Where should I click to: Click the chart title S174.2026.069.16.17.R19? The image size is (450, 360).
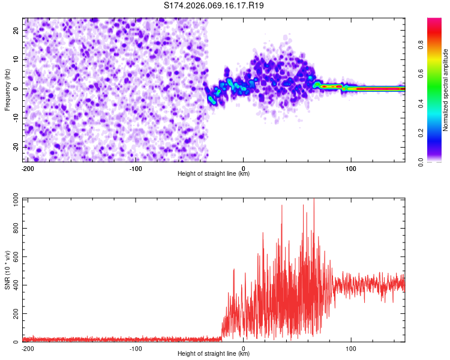click(214, 6)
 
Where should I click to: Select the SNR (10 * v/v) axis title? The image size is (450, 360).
click(7, 271)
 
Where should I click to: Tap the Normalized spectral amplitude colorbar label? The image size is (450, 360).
click(446, 90)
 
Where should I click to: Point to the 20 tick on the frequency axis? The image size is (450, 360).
click(17, 31)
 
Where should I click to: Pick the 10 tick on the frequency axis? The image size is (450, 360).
click(17, 59)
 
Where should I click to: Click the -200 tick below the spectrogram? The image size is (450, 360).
click(28, 168)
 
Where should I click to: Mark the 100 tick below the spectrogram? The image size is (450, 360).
click(351, 168)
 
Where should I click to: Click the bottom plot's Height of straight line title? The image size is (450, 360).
click(214, 354)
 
